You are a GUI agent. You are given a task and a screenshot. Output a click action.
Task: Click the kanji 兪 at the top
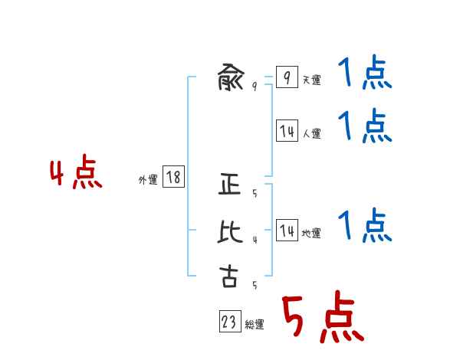(230, 78)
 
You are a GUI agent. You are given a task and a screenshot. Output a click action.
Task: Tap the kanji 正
(230, 186)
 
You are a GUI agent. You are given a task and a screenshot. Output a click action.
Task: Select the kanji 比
(230, 231)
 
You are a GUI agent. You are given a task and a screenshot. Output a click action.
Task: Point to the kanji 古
(229, 276)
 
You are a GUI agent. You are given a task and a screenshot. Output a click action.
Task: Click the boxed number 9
(286, 78)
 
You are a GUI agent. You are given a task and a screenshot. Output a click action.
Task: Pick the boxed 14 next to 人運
(287, 131)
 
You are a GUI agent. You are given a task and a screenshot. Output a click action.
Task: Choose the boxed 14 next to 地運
(287, 231)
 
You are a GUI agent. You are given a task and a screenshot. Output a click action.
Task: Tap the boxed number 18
(173, 178)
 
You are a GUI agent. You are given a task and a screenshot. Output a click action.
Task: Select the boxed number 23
(229, 322)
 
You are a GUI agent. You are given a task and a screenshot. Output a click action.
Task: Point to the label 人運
(311, 133)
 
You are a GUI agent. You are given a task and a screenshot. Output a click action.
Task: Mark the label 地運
(311, 233)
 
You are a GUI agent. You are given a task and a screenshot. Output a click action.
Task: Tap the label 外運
(148, 180)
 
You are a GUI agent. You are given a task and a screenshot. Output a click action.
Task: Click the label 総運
(255, 325)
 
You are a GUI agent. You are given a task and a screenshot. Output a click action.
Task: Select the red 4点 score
(76, 174)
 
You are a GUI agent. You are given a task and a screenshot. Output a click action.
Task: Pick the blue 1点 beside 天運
(365, 75)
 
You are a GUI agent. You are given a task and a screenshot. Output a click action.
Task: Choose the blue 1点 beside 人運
(365, 126)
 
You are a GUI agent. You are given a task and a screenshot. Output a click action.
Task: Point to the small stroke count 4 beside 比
(255, 240)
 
